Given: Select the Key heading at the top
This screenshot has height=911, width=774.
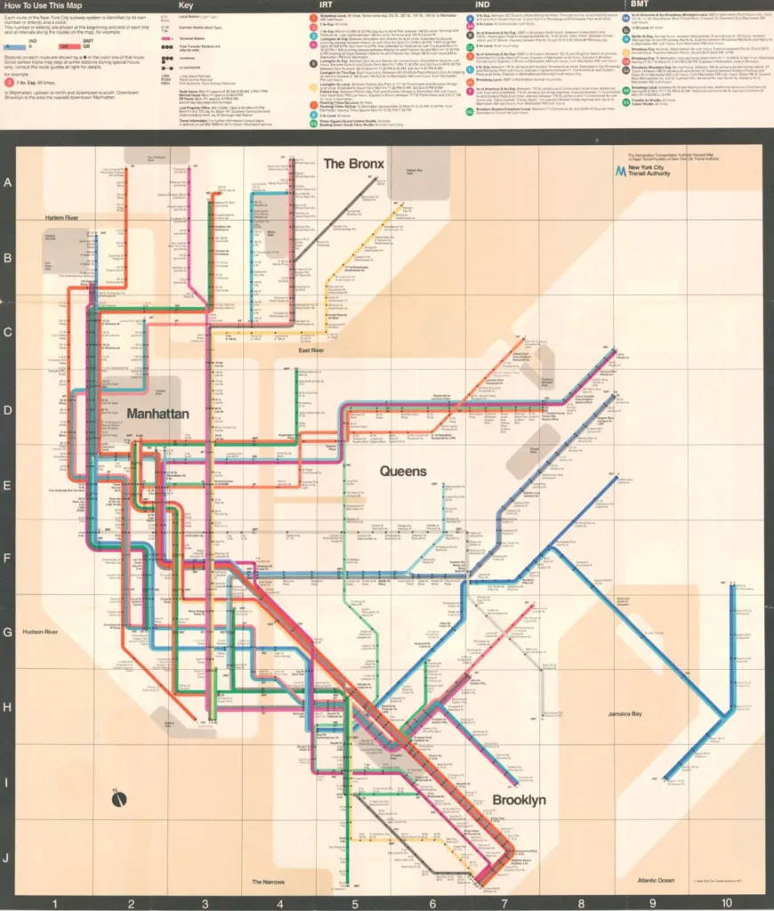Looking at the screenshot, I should (x=186, y=5).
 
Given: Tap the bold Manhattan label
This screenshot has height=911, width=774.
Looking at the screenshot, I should (x=157, y=414).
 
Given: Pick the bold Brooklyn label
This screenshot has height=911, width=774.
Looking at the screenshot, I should (x=519, y=800).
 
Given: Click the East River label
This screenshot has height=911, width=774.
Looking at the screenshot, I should (x=310, y=351).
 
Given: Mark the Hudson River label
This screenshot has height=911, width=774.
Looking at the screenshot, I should (x=40, y=632).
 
